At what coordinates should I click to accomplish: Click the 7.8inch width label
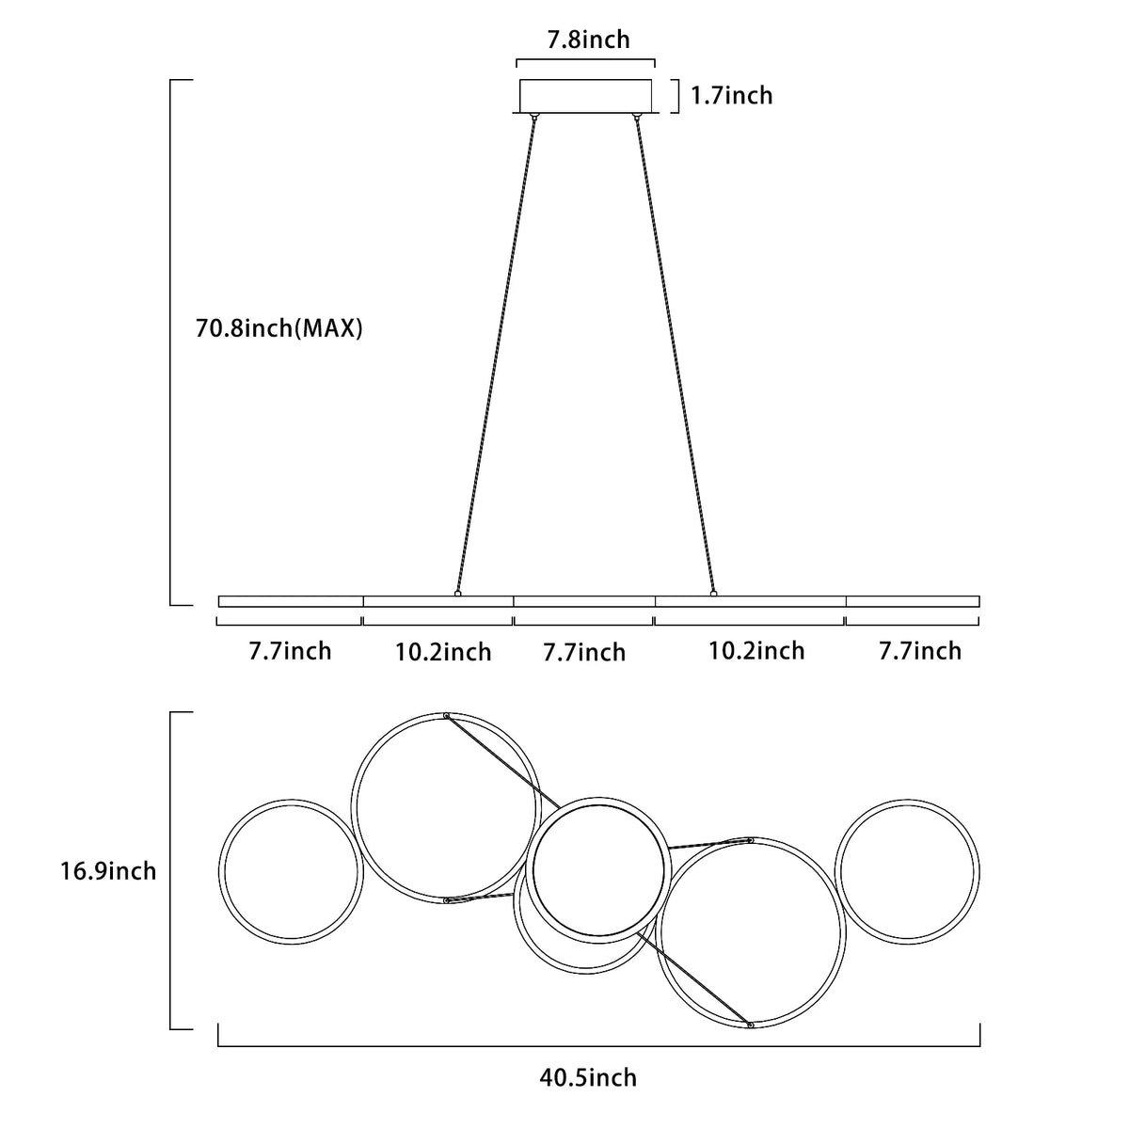tap(588, 40)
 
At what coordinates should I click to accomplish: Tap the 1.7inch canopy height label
tap(731, 96)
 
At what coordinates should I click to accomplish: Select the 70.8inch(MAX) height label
tap(278, 328)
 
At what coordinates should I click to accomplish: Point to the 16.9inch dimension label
tap(108, 871)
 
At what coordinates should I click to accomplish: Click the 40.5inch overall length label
tap(588, 1078)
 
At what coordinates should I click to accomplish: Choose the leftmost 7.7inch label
tap(290, 651)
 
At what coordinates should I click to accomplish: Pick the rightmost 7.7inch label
tap(920, 651)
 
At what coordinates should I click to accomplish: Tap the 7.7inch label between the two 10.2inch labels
tap(584, 652)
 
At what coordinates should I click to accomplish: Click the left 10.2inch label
tap(443, 652)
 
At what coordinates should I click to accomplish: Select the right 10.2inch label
tap(757, 651)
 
